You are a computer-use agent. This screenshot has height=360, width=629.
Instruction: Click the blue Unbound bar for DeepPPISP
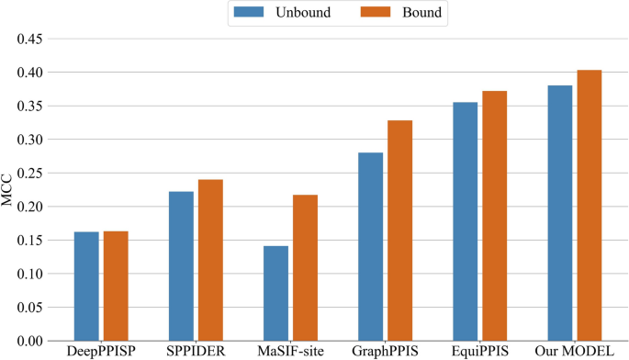tap(86, 287)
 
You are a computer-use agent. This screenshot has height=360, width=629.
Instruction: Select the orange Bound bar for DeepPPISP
tap(116, 287)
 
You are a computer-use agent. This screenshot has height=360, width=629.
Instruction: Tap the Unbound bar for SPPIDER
tap(181, 266)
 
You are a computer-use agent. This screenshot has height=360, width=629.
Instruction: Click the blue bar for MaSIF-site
tap(275, 293)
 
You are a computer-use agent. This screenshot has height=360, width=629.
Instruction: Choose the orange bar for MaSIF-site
tap(305, 268)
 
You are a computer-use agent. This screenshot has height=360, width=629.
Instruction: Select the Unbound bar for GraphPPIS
tap(370, 247)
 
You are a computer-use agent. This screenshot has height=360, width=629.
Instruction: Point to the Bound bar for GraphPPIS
tap(399, 231)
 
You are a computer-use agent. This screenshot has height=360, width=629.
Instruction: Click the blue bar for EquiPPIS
tap(465, 221)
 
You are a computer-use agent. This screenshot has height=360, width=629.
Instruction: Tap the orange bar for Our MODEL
tap(589, 206)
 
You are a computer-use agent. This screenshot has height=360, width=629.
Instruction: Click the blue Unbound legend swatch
tap(248, 14)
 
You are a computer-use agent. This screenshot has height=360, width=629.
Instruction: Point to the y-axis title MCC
tap(8, 190)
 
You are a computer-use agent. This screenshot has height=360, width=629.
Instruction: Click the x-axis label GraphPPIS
tap(385, 352)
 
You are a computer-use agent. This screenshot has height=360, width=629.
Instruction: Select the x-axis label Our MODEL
tap(574, 352)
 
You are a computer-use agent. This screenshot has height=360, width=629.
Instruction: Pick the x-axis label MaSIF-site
tap(290, 352)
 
